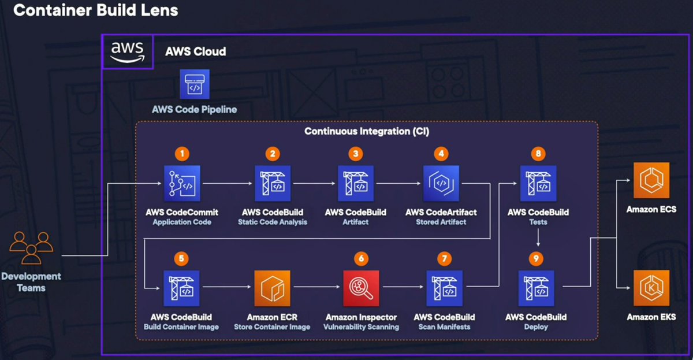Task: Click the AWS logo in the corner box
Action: pyautogui.click(x=128, y=52)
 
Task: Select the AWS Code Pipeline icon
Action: pyautogui.click(x=195, y=84)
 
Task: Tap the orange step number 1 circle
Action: pyautogui.click(x=182, y=154)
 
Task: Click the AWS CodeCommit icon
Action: pyautogui.click(x=182, y=183)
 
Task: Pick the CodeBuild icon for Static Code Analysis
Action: pyautogui.click(x=273, y=183)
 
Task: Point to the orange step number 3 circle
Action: pyautogui.click(x=356, y=154)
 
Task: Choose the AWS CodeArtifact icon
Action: pyautogui.click(x=441, y=183)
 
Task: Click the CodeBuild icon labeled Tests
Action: pyautogui.click(x=538, y=183)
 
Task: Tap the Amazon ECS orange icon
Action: pyautogui.click(x=651, y=180)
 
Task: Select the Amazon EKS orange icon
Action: pyautogui.click(x=651, y=288)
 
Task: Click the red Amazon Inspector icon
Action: pyautogui.click(x=362, y=288)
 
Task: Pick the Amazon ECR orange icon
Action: pyautogui.click(x=273, y=288)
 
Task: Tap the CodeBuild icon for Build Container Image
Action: pyautogui.click(x=182, y=288)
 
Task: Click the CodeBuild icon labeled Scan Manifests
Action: pyautogui.click(x=444, y=288)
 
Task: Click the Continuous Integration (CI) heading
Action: pyautogui.click(x=367, y=132)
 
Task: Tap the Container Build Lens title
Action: pyautogui.click(x=96, y=10)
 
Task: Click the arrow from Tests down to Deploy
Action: pyautogui.click(x=538, y=236)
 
